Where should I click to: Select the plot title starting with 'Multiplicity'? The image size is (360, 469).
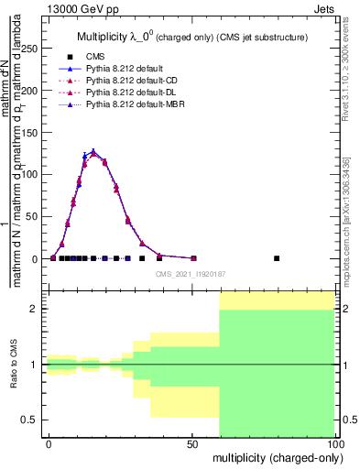pos(191,38)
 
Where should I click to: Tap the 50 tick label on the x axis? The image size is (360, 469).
pos(191,443)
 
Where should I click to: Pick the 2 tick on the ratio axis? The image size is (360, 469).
pos(35,309)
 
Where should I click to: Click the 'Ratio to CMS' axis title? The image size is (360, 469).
pos(14,365)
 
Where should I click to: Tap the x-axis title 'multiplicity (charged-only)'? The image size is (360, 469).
pos(274,457)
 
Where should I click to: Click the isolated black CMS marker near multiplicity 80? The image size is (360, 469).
pos(277,258)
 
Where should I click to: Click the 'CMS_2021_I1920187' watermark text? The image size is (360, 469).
pos(190,273)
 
